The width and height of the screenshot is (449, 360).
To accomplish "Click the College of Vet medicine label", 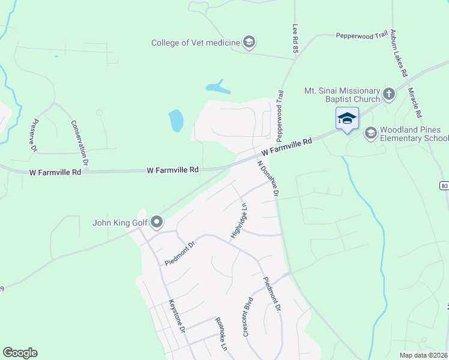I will [195, 42].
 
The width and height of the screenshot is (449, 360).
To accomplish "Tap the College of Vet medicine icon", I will [249, 42].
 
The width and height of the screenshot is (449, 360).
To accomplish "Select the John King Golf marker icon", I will [157, 223].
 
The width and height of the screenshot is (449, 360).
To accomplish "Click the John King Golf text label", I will [119, 223].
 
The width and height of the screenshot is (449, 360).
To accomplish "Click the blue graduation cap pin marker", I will [347, 119].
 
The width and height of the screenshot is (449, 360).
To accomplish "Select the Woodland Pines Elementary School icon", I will [370, 133].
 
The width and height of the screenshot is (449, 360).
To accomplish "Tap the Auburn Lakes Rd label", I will [399, 53].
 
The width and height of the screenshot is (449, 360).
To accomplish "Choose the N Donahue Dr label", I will [268, 178].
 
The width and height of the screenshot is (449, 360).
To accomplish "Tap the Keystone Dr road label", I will [179, 316].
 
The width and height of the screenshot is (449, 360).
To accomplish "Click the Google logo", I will [20, 353].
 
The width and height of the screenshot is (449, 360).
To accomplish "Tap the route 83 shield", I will [444, 185].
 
